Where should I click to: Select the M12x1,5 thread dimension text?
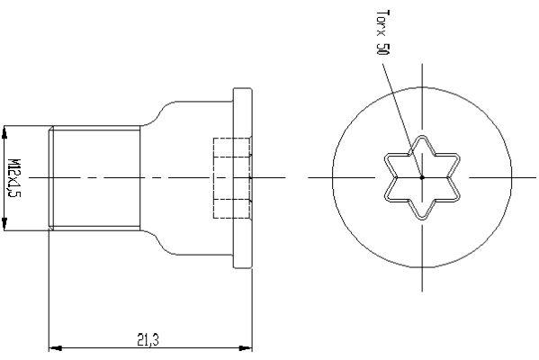(14, 178)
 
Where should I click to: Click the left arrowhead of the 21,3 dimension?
(52, 346)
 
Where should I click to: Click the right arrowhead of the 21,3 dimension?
(247, 346)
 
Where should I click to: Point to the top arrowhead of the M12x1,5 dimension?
(7, 130)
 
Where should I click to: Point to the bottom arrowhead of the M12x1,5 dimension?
(7, 226)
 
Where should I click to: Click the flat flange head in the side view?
(244, 178)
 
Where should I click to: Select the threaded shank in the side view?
(94, 178)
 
